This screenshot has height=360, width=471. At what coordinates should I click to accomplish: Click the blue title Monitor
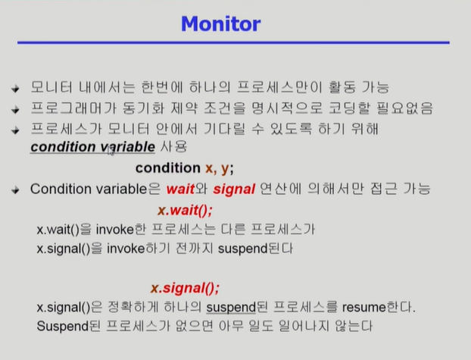[221, 23]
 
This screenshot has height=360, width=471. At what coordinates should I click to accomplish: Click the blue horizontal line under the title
[233, 42]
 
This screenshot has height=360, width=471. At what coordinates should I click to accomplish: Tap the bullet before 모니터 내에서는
[15, 89]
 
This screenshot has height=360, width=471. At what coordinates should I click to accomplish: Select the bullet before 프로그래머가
[15, 109]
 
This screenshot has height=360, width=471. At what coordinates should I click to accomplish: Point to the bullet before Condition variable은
[15, 190]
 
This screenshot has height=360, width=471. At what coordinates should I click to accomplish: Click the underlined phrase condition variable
[92, 147]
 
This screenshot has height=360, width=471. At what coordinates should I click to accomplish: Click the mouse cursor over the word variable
[111, 151]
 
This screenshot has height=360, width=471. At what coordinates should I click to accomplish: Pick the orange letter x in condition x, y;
[209, 168]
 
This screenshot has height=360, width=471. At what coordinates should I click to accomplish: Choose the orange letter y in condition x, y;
[225, 169]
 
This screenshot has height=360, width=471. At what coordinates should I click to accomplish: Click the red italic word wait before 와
[180, 189]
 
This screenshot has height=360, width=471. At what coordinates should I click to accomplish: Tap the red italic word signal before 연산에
[234, 189]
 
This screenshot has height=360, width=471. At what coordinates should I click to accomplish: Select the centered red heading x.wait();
[185, 210]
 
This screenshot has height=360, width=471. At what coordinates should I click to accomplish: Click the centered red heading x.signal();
[185, 288]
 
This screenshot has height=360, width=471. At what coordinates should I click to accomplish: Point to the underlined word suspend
[231, 308]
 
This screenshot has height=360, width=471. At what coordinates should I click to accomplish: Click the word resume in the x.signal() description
[363, 308]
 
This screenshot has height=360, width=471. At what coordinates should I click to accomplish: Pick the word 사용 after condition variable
[173, 147]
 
